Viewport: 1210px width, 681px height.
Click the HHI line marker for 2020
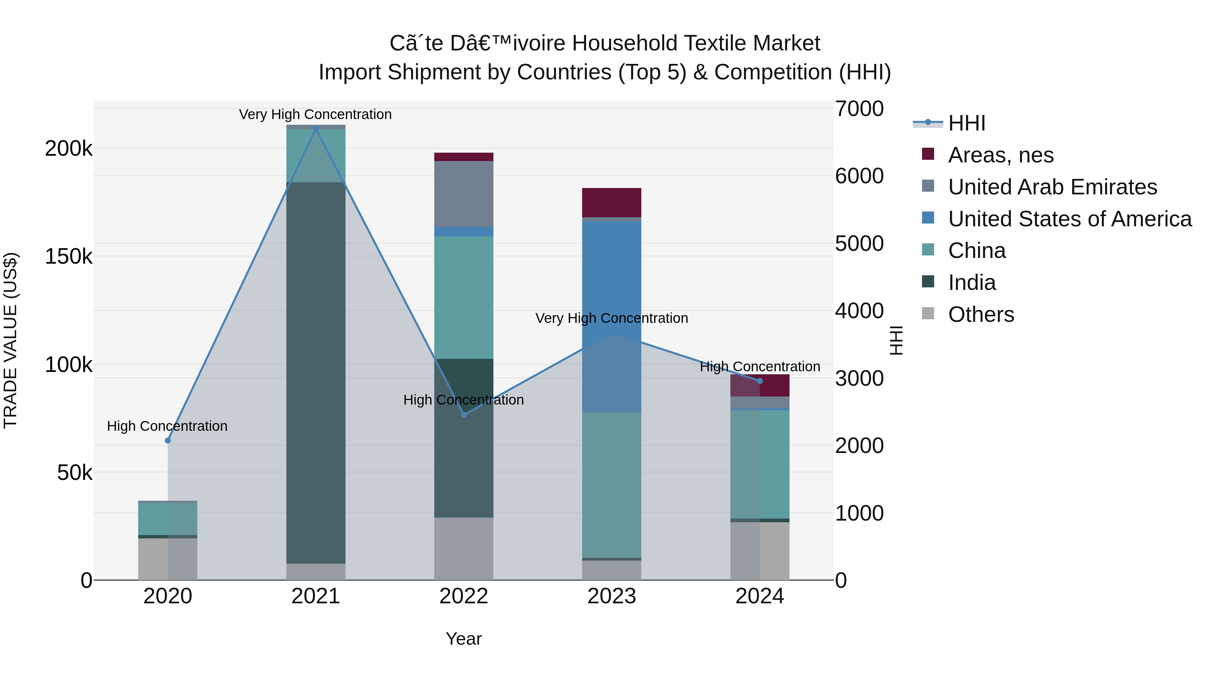[x=168, y=440]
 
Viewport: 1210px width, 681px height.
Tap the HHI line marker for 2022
[x=463, y=415]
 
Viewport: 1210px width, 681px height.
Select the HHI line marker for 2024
[x=760, y=381]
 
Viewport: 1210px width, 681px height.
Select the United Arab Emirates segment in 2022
[x=463, y=194]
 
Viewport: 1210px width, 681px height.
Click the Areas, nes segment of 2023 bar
[x=612, y=202]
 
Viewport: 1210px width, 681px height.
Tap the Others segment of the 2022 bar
[x=463, y=548]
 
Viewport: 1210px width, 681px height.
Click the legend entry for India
[x=971, y=282]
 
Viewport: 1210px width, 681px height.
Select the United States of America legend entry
[x=1070, y=219]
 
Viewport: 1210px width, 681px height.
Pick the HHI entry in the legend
[x=966, y=123]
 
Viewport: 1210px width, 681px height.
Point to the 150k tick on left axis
[x=69, y=257]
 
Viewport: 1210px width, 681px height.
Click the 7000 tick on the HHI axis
[x=859, y=109]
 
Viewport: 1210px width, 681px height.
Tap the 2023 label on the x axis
[x=612, y=596]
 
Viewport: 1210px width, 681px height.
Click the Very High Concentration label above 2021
[x=315, y=114]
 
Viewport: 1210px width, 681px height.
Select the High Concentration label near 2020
[x=167, y=426]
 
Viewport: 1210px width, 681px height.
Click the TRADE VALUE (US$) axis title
[x=10, y=340]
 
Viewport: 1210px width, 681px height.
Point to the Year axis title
[x=463, y=639]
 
